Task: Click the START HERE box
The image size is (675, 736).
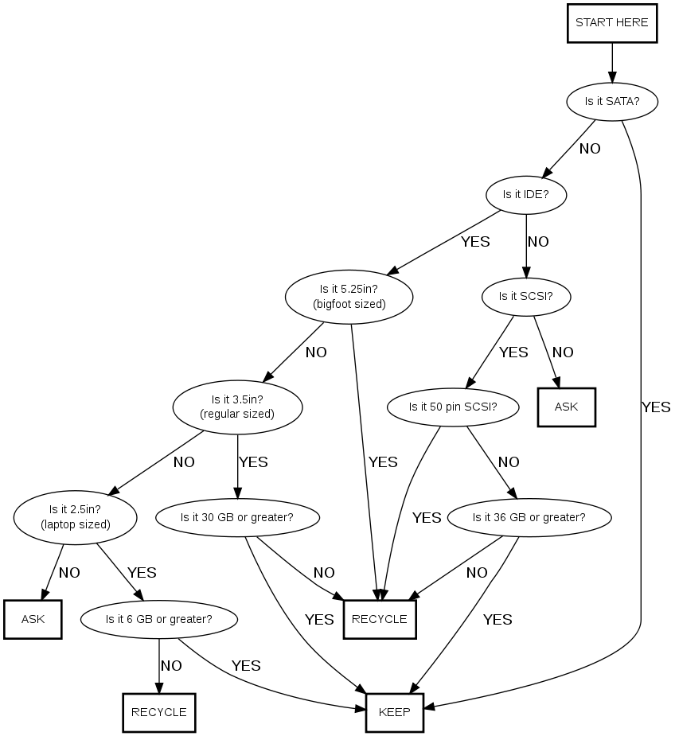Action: [612, 23]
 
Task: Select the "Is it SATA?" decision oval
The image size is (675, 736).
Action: [612, 101]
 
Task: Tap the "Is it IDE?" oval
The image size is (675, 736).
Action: [526, 193]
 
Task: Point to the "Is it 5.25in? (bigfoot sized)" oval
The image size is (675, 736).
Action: [349, 296]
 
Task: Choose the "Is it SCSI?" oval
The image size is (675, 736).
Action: [525, 296]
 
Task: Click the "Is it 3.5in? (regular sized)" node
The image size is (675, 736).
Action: [237, 407]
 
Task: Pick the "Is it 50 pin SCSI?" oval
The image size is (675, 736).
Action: [453, 407]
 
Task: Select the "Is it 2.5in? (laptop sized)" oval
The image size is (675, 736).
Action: [75, 517]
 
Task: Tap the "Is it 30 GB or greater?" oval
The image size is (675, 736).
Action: [237, 517]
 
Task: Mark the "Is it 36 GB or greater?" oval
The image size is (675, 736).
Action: [529, 517]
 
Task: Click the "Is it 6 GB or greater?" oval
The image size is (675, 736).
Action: [158, 618]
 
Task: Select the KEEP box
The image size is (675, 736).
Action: [395, 712]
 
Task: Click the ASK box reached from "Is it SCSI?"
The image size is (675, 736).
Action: [566, 407]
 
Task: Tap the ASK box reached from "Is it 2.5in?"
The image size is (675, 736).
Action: [33, 618]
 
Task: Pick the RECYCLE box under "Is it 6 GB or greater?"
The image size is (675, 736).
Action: [158, 712]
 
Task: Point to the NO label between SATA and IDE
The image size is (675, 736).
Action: [590, 148]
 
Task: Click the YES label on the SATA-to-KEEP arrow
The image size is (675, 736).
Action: [656, 407]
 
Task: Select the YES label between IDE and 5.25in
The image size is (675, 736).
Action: [475, 241]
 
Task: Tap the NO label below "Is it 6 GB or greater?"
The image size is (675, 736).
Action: [172, 665]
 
